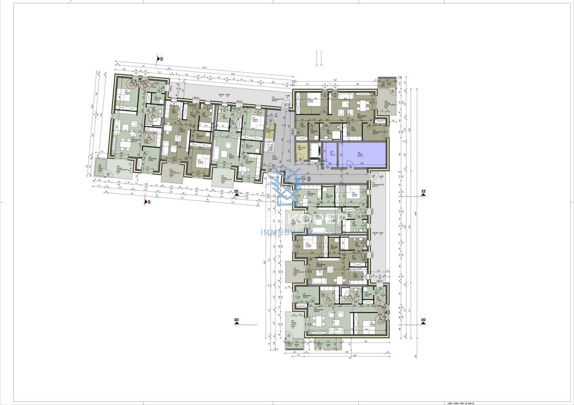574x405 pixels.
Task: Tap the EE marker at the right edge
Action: (x=423, y=193)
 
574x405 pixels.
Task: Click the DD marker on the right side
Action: (x=423, y=321)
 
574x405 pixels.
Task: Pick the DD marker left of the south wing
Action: (x=236, y=321)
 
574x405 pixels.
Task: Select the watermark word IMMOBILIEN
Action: (x=287, y=232)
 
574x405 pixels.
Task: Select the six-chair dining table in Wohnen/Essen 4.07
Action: (x=363, y=105)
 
